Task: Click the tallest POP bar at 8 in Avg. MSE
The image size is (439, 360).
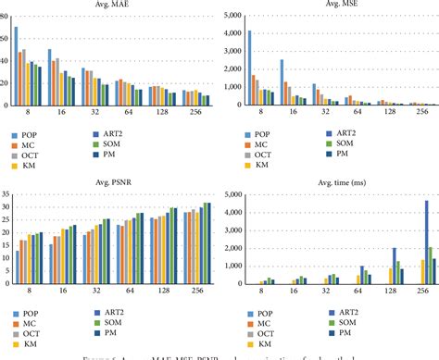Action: point(249,68)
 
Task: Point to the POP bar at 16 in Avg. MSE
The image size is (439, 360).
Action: point(282,83)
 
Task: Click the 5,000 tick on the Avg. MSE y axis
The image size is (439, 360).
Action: point(229,16)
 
